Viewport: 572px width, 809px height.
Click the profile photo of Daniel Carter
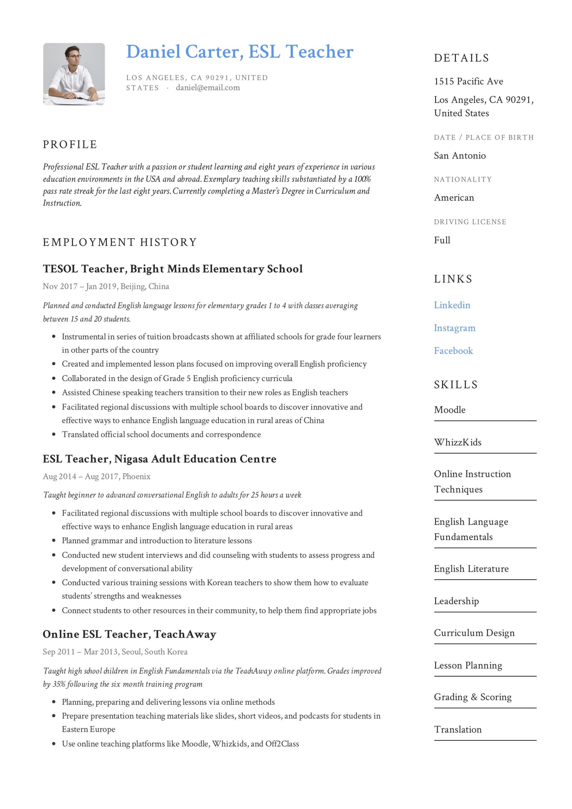[74, 74]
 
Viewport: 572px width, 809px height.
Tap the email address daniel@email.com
[208, 88]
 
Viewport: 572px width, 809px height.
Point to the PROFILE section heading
[70, 144]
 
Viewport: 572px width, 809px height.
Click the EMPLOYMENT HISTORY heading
[120, 242]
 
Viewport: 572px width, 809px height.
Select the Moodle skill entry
[450, 410]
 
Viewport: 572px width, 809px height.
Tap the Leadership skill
[456, 601]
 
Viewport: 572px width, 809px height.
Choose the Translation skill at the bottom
[458, 729]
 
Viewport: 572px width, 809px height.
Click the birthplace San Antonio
[459, 155]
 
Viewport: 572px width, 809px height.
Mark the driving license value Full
[442, 240]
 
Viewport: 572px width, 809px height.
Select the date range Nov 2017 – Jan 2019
[80, 286]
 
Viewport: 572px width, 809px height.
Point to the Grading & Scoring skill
[472, 697]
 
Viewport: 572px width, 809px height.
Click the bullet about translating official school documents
[161, 434]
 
